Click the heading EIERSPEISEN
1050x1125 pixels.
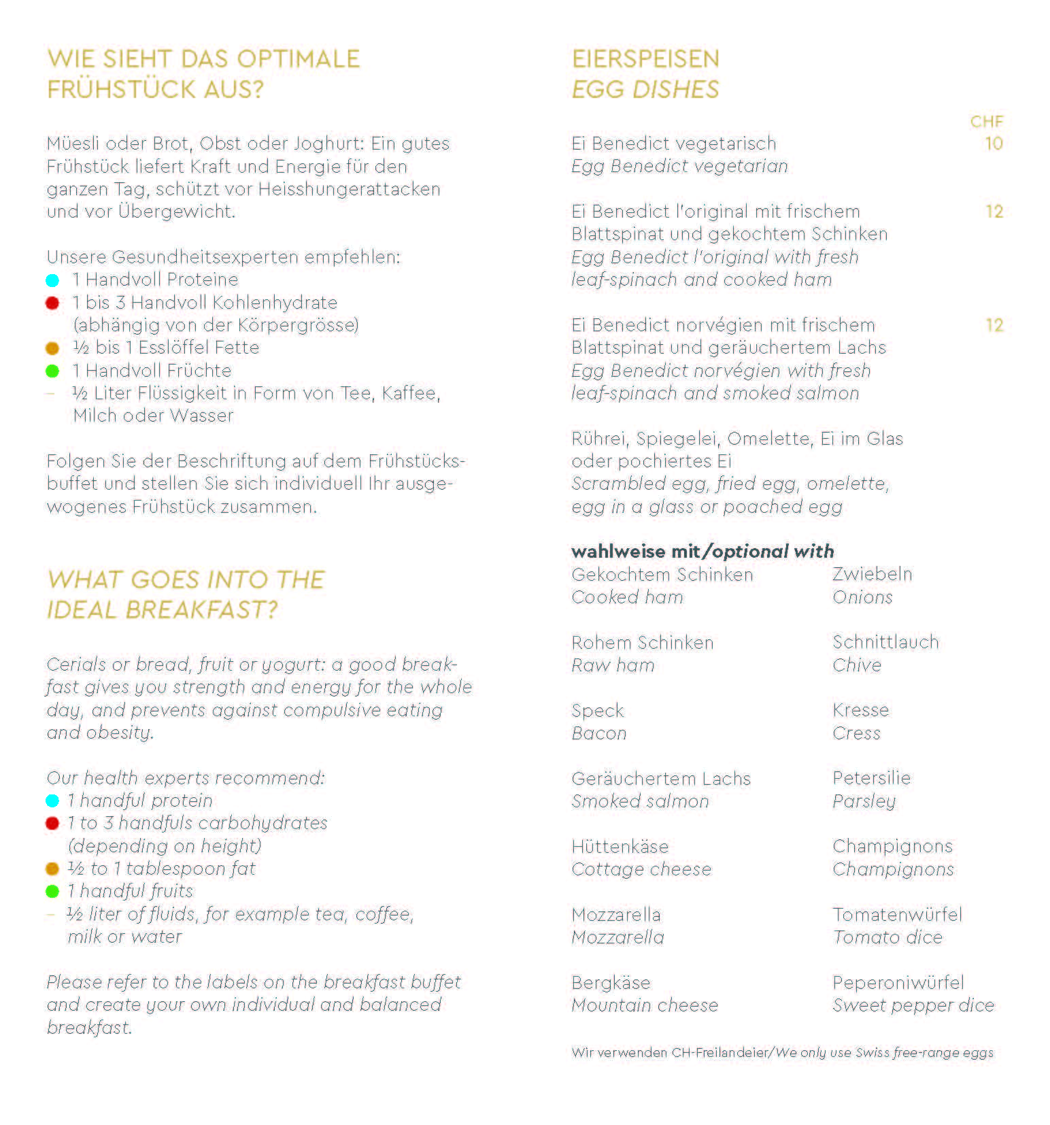(645, 59)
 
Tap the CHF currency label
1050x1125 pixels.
(986, 122)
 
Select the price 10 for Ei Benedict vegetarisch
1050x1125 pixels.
(994, 144)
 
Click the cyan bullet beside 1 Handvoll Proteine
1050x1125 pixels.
(52, 280)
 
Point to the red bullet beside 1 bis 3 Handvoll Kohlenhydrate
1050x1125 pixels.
(52, 303)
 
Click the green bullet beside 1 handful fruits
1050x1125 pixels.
(52, 892)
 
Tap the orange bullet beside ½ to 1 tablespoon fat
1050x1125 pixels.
(52, 869)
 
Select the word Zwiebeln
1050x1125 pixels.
(872, 575)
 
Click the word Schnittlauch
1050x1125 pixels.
(885, 643)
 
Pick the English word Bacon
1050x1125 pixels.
(598, 733)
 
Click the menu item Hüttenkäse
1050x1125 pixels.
(620, 847)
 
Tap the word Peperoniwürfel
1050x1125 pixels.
(898, 983)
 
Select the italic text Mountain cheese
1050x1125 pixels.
(645, 1005)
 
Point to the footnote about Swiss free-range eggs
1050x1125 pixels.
(782, 1053)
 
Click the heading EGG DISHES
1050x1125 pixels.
(645, 90)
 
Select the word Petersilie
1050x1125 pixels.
(871, 778)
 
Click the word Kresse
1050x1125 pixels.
(860, 710)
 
